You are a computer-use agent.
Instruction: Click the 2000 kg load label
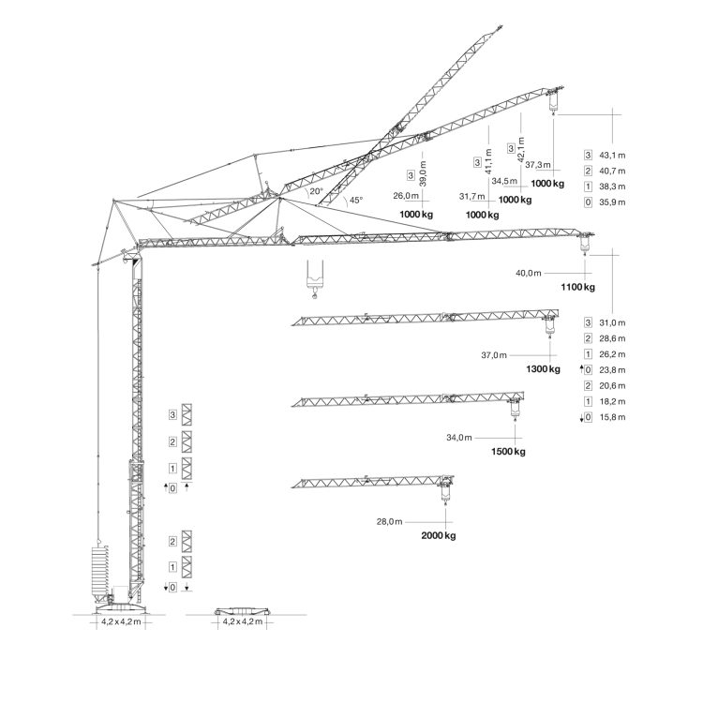[439, 535]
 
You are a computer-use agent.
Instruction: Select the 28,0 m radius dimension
[389, 522]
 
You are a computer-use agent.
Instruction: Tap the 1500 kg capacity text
[508, 452]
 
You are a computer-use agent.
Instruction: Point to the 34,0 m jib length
[459, 438]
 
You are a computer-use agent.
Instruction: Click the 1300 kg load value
[543, 369]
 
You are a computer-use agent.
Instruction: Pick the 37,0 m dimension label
[494, 355]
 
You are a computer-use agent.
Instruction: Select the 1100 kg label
[578, 287]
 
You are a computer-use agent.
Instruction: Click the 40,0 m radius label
[529, 273]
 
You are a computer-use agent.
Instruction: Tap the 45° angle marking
[356, 200]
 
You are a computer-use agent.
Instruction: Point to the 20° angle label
[316, 191]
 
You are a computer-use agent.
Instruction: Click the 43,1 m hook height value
[612, 155]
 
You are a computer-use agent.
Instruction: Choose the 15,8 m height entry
[612, 417]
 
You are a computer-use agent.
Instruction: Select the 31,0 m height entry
[612, 322]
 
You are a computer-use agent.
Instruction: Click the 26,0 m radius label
[406, 196]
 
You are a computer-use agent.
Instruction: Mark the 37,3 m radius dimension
[538, 165]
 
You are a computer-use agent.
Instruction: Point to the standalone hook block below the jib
[314, 279]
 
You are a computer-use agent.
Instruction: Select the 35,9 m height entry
[612, 202]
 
